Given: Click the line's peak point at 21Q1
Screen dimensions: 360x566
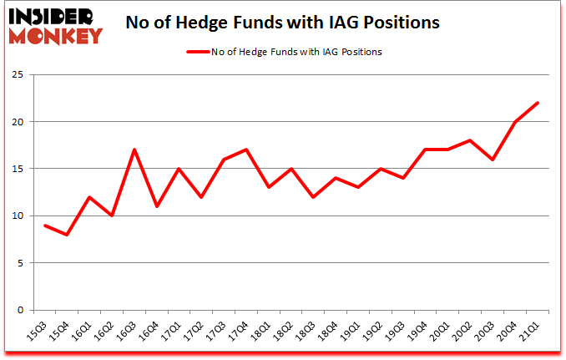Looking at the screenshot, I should [538, 103].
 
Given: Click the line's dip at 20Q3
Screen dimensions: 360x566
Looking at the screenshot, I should [493, 160].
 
